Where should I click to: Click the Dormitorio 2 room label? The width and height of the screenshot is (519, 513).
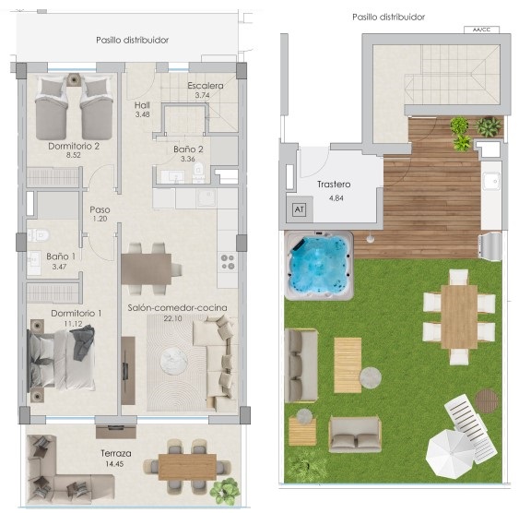coord(74,146)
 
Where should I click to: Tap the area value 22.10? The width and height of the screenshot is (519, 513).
coord(172,318)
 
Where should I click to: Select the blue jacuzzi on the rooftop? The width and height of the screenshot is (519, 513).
coord(319,266)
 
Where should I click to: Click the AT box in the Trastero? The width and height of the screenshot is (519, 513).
coord(300,209)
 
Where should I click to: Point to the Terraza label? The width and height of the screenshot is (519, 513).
coord(116,453)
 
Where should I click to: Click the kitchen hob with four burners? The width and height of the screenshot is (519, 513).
coord(228,262)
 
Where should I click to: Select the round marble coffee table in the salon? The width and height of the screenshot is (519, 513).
coord(174,361)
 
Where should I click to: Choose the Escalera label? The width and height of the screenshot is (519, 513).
coord(206,86)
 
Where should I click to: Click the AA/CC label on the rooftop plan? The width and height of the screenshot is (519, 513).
coord(481,30)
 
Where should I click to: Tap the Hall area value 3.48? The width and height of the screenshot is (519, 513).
coord(142,114)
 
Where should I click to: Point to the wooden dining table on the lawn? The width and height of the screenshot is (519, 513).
coord(459,316)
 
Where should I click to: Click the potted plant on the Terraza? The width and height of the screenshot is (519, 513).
coord(225,491)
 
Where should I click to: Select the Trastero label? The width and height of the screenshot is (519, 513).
coord(334,185)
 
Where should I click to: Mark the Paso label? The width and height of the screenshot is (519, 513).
coord(100,209)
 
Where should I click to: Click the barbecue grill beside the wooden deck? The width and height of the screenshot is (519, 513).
coord(490,245)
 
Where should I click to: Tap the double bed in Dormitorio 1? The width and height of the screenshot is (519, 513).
coord(63,359)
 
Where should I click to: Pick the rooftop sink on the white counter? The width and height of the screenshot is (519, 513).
coord(490,181)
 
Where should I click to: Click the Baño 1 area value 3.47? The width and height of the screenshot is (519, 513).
coord(59,267)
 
